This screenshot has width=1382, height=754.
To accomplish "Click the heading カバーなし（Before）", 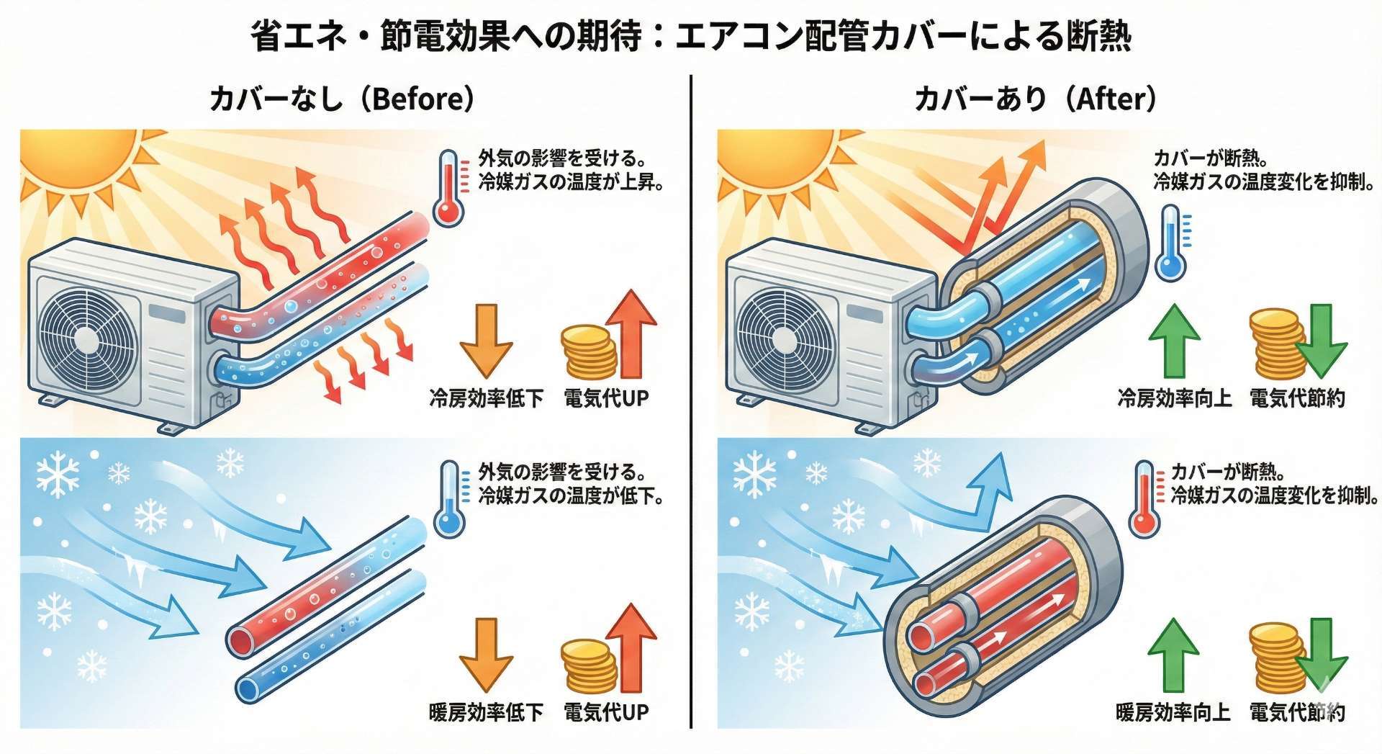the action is point(342,98).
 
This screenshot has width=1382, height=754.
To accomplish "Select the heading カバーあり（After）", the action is point(1036,98).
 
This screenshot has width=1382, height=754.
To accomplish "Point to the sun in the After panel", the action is point(774,156).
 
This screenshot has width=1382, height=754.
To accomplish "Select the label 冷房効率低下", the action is point(487,398).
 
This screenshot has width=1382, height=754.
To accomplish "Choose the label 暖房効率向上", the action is point(1173,712).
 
